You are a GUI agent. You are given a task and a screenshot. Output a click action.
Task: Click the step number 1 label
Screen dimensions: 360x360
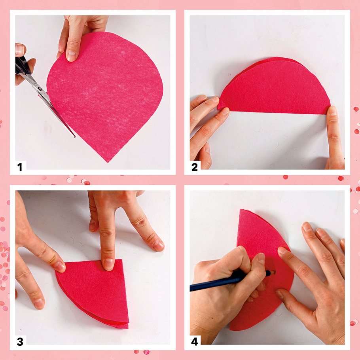[x=20, y=167]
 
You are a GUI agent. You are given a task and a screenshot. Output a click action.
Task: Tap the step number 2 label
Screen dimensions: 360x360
[x=195, y=167]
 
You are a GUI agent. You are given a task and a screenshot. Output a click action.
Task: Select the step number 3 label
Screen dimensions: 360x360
[x=20, y=342]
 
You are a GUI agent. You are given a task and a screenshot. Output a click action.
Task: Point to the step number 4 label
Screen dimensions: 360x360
[x=195, y=342]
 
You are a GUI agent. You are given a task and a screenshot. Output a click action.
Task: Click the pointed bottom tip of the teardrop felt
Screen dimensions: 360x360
[x=108, y=162]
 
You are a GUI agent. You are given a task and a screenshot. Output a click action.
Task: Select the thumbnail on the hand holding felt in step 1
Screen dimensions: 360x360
[x=71, y=55]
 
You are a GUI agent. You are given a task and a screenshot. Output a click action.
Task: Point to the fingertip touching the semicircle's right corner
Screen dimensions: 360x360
[x=332, y=111]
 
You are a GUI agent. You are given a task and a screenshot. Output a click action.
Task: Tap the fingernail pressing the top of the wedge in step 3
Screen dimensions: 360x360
[x=108, y=263]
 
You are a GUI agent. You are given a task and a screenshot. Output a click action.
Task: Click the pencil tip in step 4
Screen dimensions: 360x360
[x=273, y=272]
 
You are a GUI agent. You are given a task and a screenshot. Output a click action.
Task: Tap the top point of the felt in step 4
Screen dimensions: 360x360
[x=241, y=210]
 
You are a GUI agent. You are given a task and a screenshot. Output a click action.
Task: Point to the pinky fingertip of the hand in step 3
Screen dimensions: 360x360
[x=158, y=246]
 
